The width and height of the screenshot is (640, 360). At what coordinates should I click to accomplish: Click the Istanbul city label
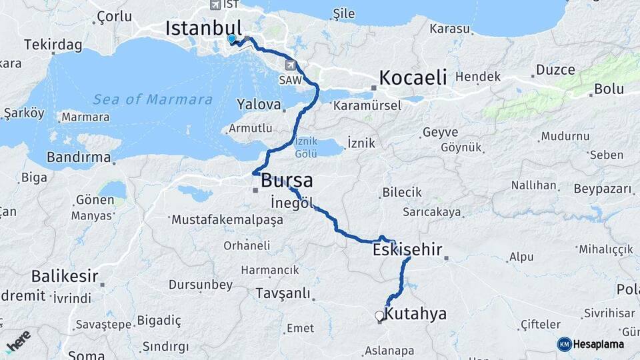203,28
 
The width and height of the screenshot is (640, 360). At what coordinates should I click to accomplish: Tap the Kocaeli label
413,77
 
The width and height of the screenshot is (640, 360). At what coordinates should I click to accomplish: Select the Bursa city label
287,180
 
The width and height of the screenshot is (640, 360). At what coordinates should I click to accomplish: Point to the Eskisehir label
407,250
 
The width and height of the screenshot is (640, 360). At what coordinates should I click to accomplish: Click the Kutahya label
416,314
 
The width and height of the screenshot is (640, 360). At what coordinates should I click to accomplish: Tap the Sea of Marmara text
153,100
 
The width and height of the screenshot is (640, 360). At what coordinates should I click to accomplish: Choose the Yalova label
257,104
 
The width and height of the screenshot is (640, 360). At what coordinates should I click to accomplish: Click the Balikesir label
64,276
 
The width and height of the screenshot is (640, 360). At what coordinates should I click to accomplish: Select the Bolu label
608,88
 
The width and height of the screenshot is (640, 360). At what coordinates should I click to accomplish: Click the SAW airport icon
291,65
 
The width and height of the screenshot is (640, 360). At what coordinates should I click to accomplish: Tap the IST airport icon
215,5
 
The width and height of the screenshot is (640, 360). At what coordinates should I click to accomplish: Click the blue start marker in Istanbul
231,39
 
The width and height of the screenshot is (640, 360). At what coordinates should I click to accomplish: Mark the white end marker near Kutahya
379,315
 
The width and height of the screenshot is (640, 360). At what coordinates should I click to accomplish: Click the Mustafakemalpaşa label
227,219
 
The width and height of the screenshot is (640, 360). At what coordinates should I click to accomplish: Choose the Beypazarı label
602,189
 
